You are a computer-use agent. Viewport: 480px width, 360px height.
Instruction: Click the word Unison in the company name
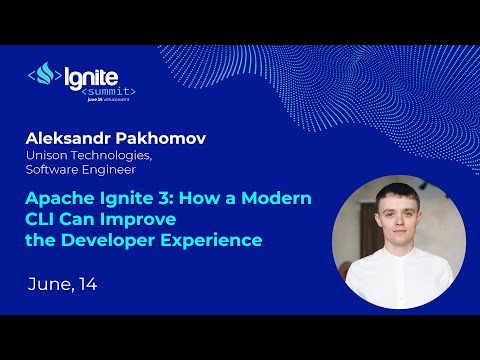coord(50,154)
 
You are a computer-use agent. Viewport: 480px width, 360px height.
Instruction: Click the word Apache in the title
coord(62,198)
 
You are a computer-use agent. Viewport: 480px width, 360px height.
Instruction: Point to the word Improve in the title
coord(146,219)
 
